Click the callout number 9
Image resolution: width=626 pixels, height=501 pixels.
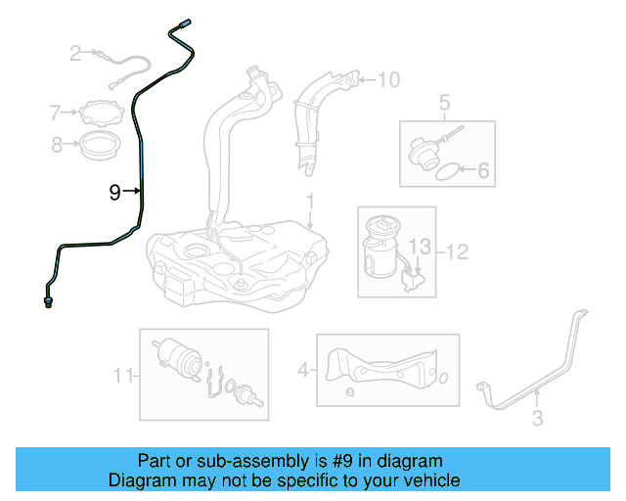pos(114,193)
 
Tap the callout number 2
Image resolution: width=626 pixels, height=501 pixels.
pos(75,54)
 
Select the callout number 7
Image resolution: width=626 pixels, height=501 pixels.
pos(56,113)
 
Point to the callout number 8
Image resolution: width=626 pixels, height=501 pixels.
pos(58,146)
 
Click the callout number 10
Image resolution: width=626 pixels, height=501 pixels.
pos(388,79)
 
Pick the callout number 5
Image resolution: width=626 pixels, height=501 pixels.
pos(444,101)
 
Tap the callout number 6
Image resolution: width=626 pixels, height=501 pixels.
pos(482,171)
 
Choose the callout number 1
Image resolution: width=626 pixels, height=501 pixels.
pos(309,204)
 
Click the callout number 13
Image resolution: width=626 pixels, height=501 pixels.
pos(419,245)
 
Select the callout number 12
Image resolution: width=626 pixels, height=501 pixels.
pos(457,251)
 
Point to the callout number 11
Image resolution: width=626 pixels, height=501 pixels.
pos(122,375)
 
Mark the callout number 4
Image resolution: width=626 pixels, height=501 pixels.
pos(303,370)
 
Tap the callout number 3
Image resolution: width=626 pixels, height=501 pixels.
pos(537,421)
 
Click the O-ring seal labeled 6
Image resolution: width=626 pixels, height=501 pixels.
pos(445,171)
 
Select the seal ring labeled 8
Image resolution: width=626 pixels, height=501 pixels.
pos(101,149)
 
